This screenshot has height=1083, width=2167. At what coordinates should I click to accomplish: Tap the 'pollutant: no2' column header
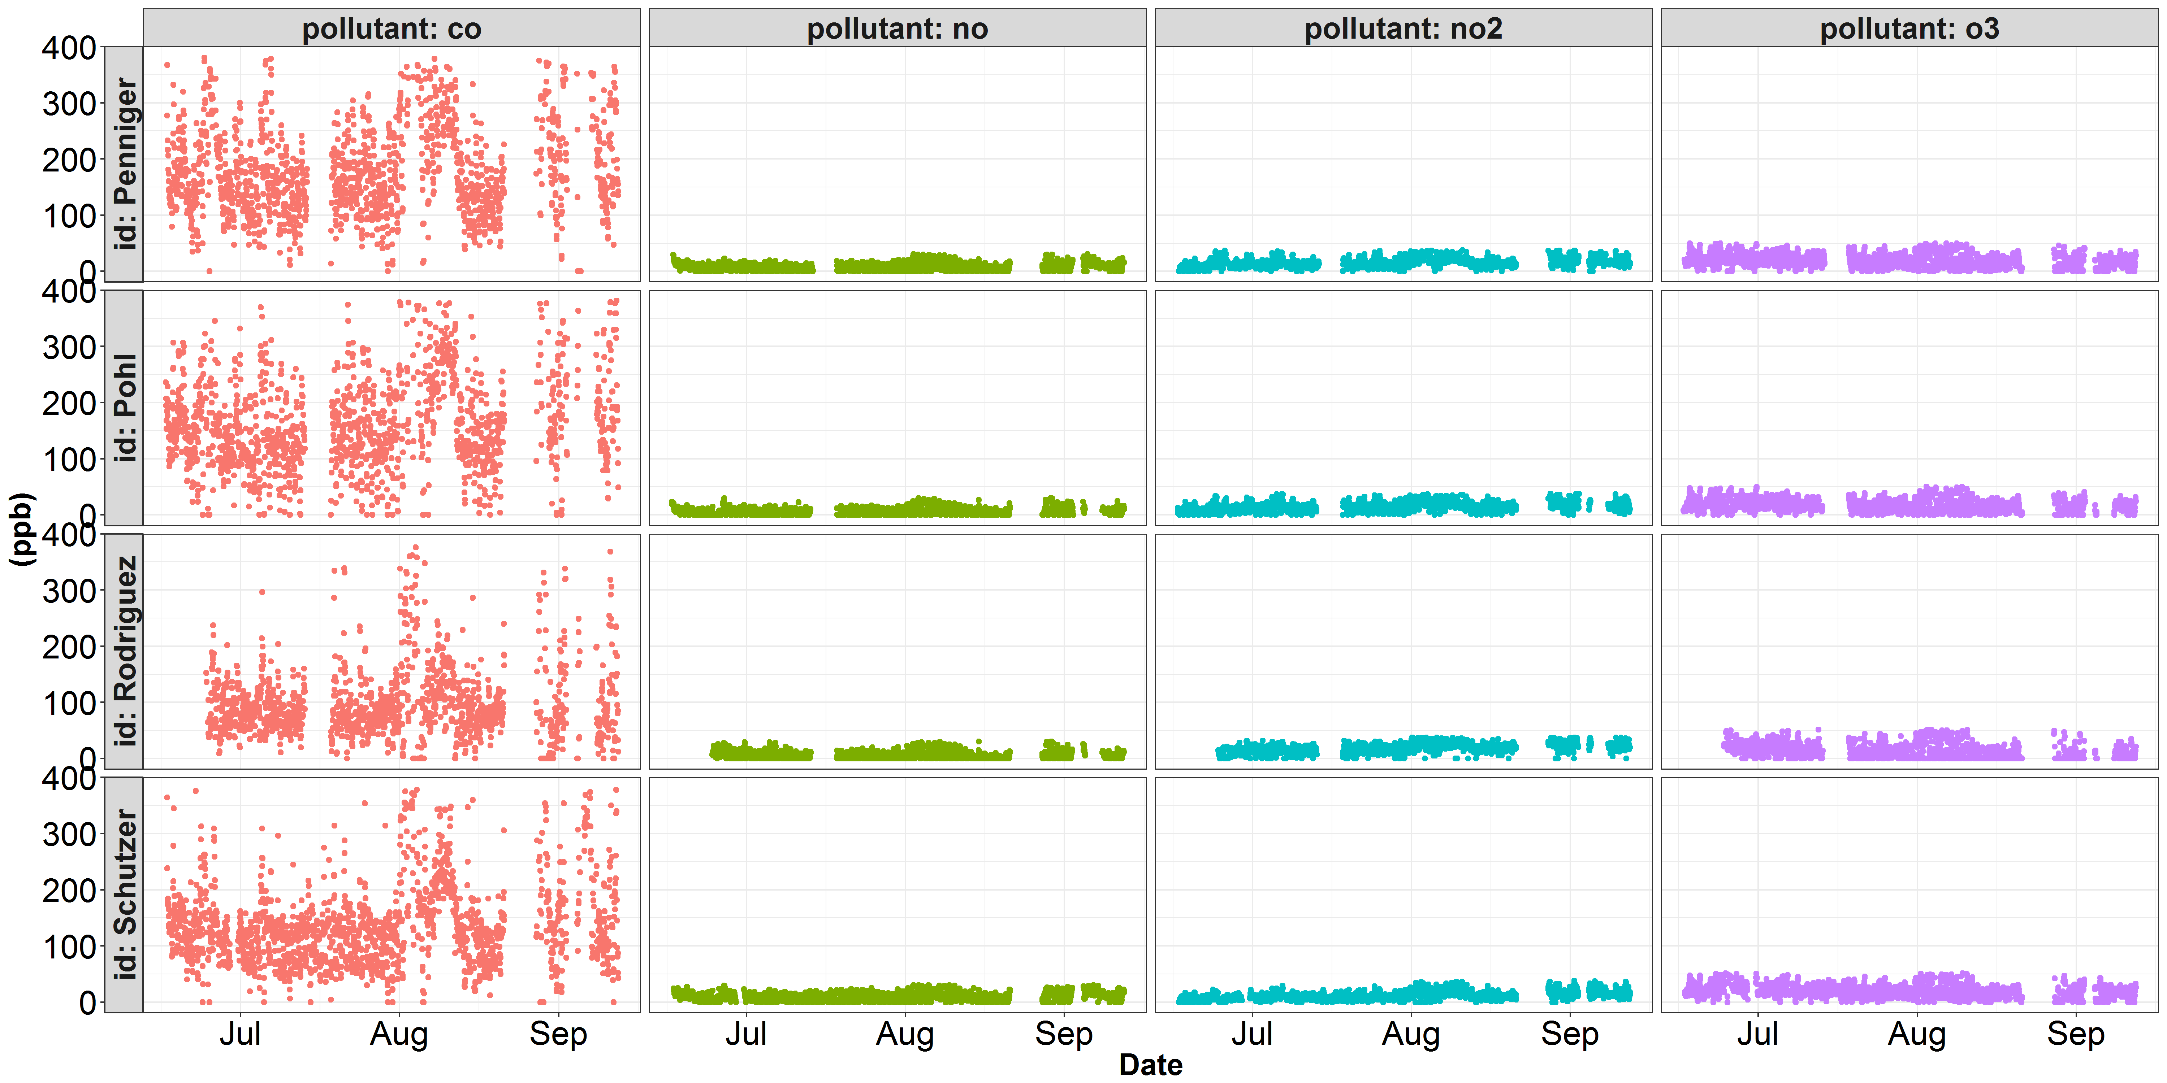tap(1403, 29)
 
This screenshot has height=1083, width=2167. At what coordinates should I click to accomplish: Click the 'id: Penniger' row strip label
tap(125, 164)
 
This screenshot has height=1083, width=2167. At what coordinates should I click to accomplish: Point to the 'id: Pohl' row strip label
tap(125, 408)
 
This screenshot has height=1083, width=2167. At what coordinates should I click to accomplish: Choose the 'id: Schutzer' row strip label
tap(125, 895)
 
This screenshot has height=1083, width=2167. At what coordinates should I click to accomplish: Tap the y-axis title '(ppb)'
tap(22, 530)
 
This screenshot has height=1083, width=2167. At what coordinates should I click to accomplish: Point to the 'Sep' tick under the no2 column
tap(1570, 1034)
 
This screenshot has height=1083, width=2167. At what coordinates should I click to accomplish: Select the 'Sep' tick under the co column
tap(558, 1034)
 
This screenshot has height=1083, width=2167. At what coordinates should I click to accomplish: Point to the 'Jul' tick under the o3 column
tap(1757, 1034)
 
